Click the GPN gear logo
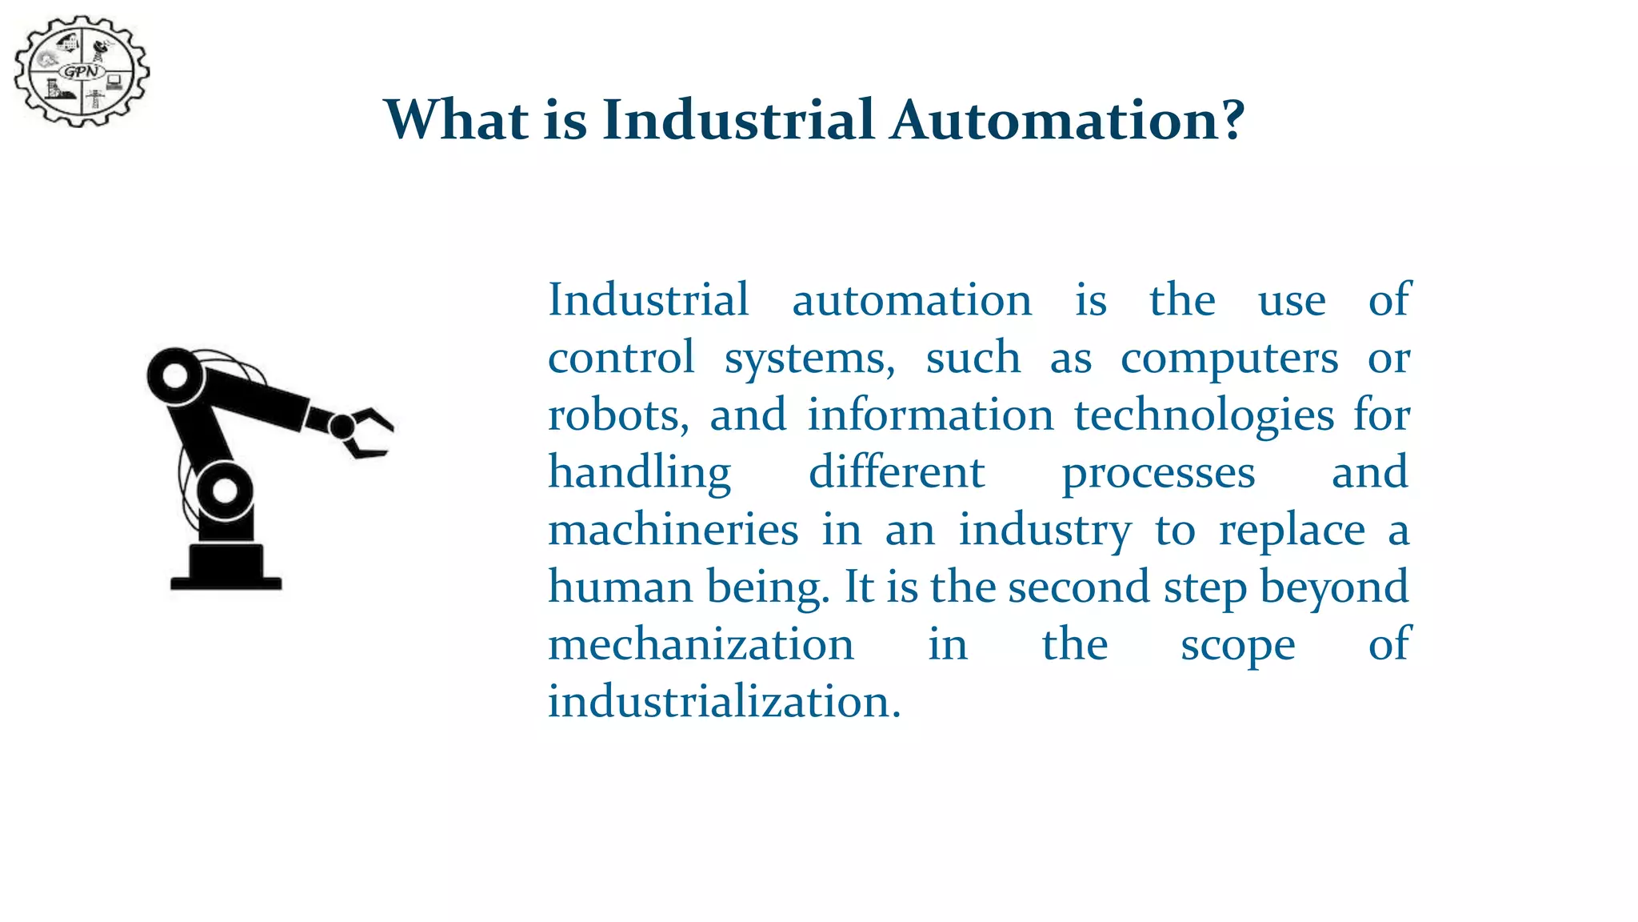(82, 71)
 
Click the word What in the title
(456, 120)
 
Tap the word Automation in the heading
(1067, 120)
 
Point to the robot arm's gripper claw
(367, 432)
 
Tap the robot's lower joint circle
(225, 490)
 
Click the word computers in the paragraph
(1229, 358)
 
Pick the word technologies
(1204, 415)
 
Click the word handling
(639, 473)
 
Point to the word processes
(1158, 473)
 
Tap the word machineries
(673, 530)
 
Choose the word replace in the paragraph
(1292, 530)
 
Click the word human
(621, 587)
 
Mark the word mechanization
(701, 645)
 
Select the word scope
(1237, 645)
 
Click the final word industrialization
(724, 702)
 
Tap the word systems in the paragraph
(809, 358)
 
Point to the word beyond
(1333, 587)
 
